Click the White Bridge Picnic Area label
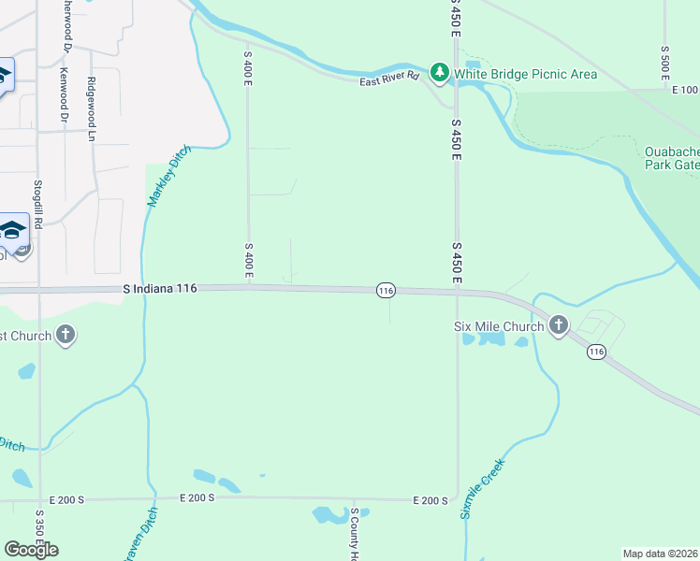pos(525,74)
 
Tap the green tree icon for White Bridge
pos(439,72)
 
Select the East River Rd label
pos(389,81)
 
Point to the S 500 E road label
pos(664,61)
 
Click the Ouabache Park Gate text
pos(672,158)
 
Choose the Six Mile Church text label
pos(498,325)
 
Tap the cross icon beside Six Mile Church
pos(559,325)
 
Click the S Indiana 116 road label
pos(160,290)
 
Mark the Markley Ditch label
pos(168,176)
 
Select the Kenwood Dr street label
pos(64,95)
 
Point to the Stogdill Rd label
pos(38,208)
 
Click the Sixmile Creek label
pos(482,488)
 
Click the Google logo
pos(31,549)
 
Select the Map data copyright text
pos(661,554)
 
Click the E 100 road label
pos(685,90)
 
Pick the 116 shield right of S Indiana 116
pos(386,291)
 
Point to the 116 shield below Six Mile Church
pos(596,352)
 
